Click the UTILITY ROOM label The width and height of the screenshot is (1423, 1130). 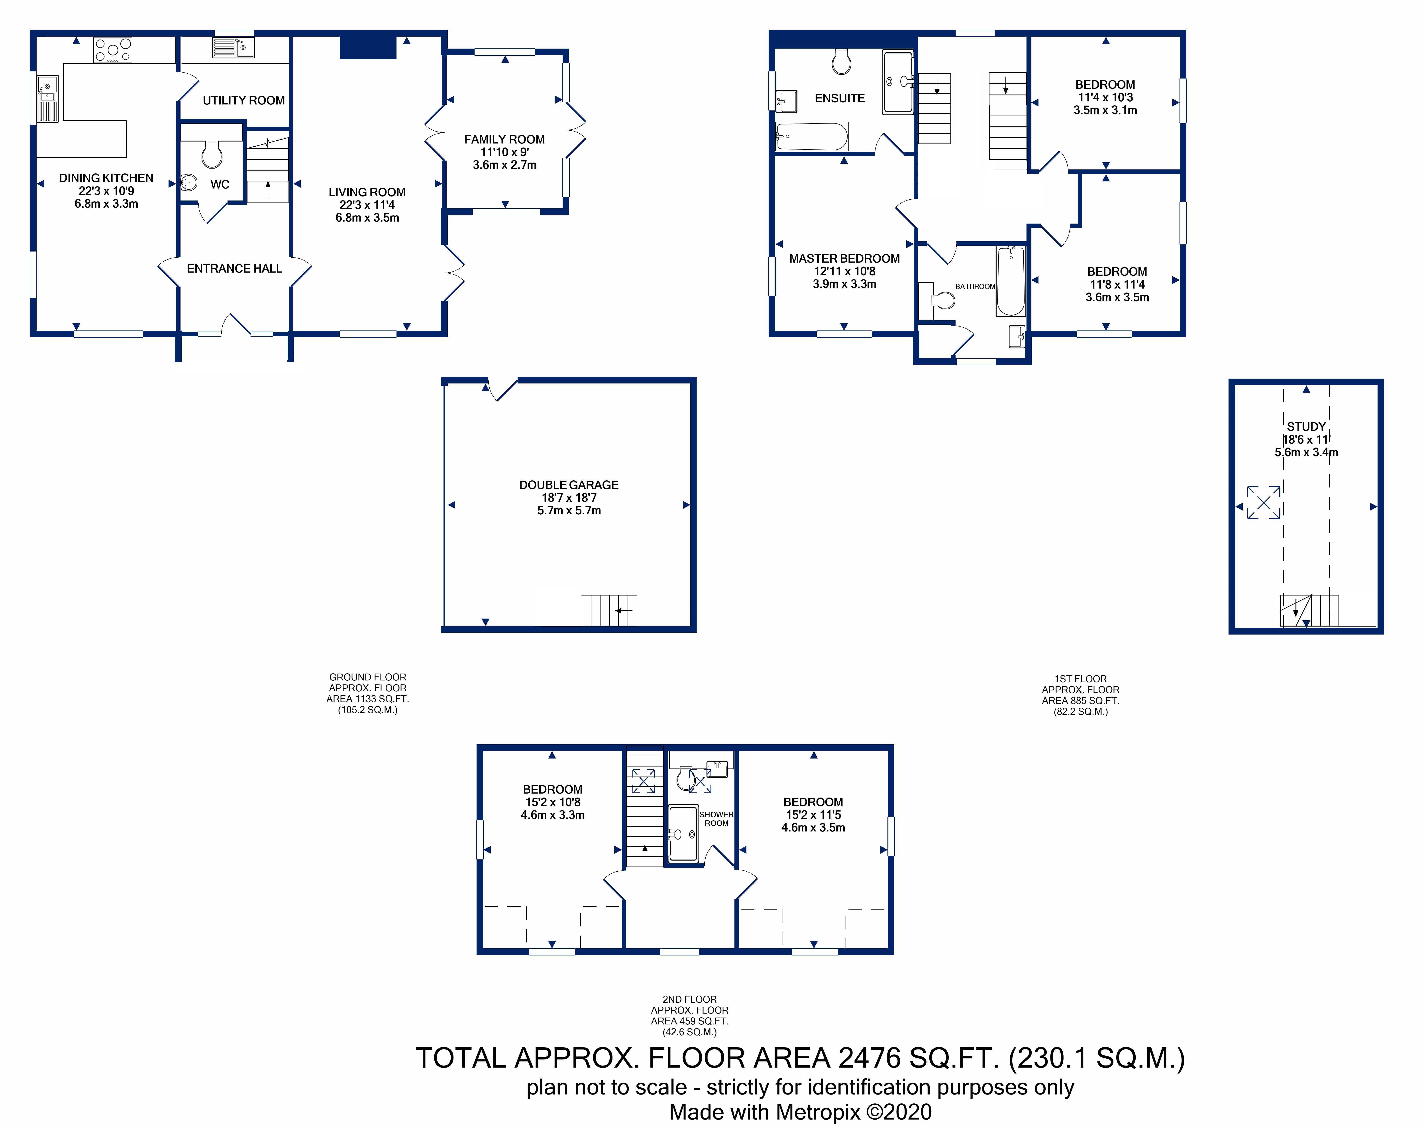click(x=243, y=100)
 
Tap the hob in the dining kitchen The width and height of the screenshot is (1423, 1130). click(x=113, y=50)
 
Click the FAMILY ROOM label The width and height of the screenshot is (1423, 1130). click(x=504, y=139)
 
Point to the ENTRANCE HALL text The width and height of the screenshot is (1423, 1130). click(x=234, y=269)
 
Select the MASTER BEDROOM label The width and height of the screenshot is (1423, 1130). click(x=844, y=259)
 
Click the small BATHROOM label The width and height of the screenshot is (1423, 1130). click(x=975, y=287)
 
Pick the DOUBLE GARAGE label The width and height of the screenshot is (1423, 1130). click(x=569, y=485)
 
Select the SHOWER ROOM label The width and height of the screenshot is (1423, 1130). click(x=716, y=819)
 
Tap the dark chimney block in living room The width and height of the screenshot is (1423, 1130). click(x=368, y=47)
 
